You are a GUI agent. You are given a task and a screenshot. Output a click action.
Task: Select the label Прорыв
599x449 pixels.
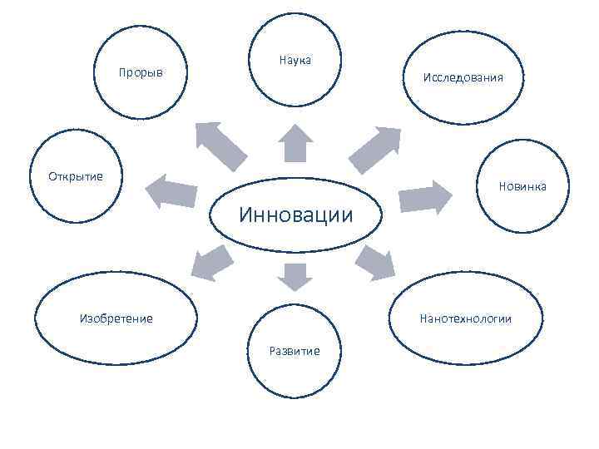[141, 73]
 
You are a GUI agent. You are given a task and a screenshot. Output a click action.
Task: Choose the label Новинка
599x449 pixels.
[522, 185]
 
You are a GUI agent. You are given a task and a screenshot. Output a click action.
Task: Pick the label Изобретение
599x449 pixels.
[116, 318]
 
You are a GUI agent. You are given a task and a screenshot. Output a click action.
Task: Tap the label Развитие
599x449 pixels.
[295, 350]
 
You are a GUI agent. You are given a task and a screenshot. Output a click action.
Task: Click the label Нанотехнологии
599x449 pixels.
[466, 318]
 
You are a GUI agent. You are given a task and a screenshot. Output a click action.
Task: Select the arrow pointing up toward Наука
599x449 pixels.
[295, 142]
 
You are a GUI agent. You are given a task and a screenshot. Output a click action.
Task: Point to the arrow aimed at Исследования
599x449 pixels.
[374, 148]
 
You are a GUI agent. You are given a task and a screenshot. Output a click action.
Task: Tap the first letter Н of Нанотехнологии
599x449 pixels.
[424, 318]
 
